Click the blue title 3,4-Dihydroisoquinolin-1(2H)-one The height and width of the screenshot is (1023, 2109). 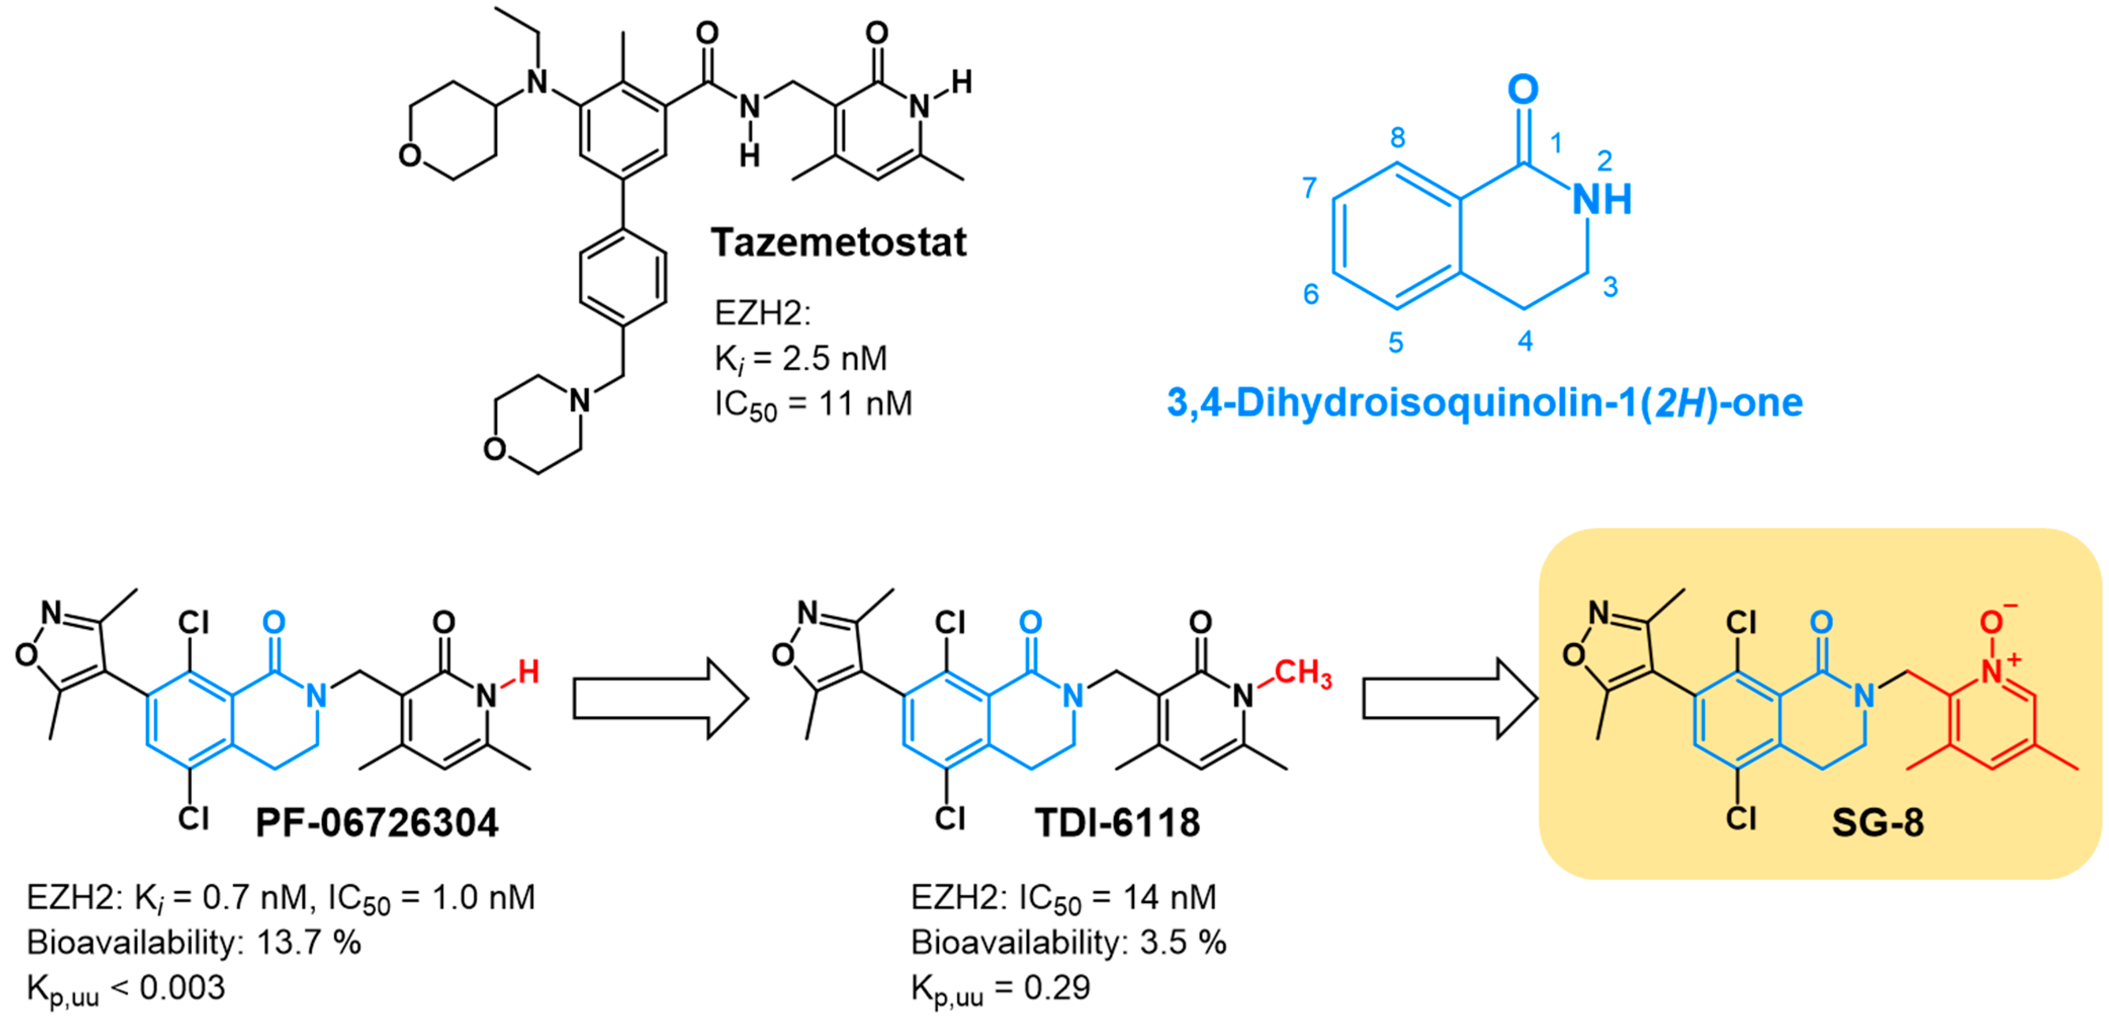coord(1485,403)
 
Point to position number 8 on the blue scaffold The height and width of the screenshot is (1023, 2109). coord(1398,138)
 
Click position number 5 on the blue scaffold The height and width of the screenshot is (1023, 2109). coord(1396,343)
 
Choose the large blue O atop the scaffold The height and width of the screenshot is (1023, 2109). coord(1523,89)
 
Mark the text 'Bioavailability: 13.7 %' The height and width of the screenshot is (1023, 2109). coord(194,943)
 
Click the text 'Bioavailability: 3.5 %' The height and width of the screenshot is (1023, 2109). coord(1068,943)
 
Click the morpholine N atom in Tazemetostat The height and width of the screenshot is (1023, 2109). coord(579,401)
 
